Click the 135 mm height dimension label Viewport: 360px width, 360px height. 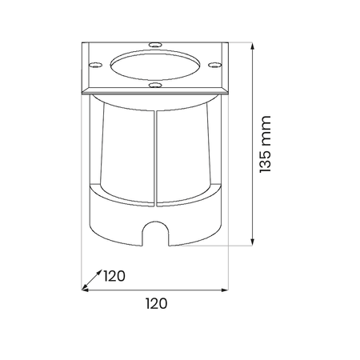[x=266, y=144]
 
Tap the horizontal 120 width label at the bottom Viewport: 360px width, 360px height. [x=157, y=304]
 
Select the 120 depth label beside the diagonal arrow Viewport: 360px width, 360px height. [x=114, y=276]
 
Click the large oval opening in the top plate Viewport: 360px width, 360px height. [x=155, y=65]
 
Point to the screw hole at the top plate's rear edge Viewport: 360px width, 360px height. [x=155, y=45]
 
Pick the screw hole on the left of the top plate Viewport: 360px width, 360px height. [x=95, y=65]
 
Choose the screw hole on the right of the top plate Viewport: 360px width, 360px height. [x=215, y=65]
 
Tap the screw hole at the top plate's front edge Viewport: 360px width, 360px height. [x=155, y=85]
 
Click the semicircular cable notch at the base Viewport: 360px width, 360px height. [x=155, y=233]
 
